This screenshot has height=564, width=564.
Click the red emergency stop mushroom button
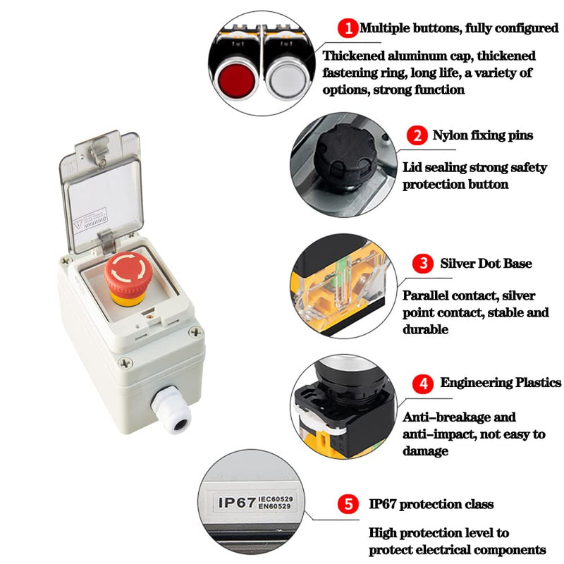click(x=128, y=274)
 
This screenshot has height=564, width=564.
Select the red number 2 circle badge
click(x=419, y=135)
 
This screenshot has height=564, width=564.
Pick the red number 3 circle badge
click(x=423, y=264)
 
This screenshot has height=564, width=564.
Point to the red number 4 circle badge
click(x=423, y=384)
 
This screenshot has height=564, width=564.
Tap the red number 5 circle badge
click(x=346, y=505)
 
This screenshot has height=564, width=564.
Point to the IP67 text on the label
click(x=238, y=502)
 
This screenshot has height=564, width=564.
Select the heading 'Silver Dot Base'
click(x=486, y=264)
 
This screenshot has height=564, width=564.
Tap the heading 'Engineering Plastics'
click(x=501, y=383)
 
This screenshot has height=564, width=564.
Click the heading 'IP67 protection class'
click(x=431, y=505)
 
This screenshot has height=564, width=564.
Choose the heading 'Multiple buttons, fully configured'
click(x=458, y=29)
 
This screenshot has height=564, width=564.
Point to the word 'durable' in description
click(x=425, y=329)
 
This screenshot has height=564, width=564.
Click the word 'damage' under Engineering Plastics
click(x=425, y=451)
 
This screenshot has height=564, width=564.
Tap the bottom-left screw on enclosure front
click(x=125, y=363)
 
